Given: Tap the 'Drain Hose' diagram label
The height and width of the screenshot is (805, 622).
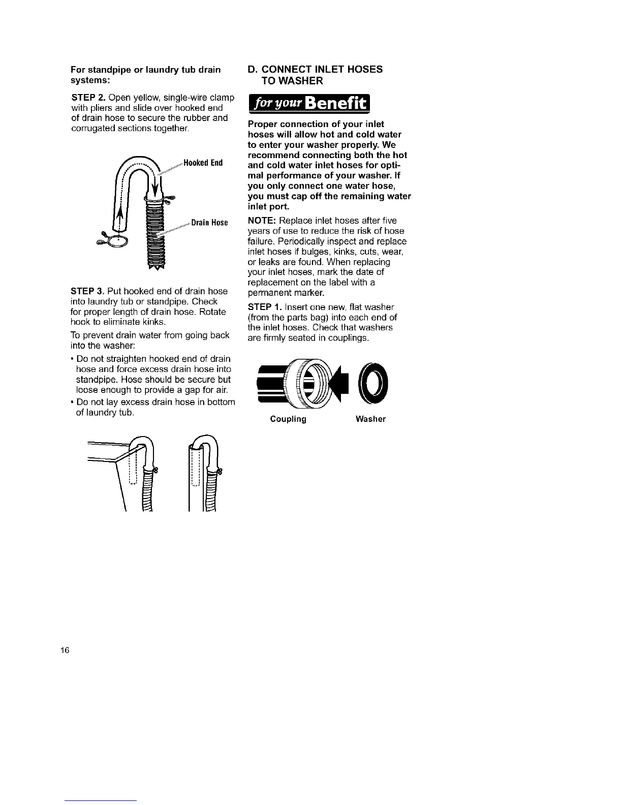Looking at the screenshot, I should tap(208, 223).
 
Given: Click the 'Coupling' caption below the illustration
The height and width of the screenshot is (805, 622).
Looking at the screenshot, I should tap(288, 419).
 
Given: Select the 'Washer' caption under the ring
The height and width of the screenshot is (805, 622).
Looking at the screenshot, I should tap(370, 419).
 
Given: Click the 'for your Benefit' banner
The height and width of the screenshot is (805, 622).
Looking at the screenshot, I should tap(310, 105).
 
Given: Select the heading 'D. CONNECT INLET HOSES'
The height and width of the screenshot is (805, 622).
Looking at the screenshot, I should tap(315, 70).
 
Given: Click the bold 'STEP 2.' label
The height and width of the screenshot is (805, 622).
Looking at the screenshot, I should tap(88, 98).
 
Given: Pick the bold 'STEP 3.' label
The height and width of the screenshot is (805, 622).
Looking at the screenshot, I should tap(88, 291).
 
